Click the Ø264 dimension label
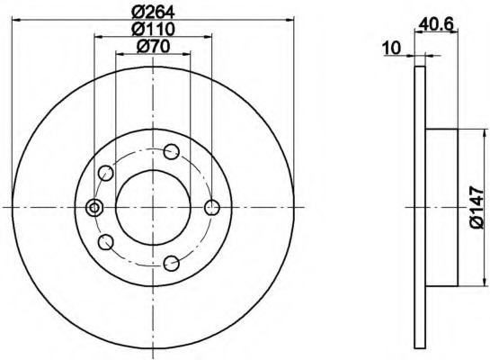[x=153, y=13]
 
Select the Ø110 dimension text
[x=153, y=29]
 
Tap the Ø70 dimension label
[x=153, y=47]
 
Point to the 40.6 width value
[x=436, y=23]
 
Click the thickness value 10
[x=392, y=49]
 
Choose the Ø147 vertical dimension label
[x=477, y=207]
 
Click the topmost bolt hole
[x=171, y=152]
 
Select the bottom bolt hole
[x=171, y=263]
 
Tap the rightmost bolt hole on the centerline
[x=212, y=207]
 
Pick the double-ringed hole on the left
[x=94, y=207]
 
